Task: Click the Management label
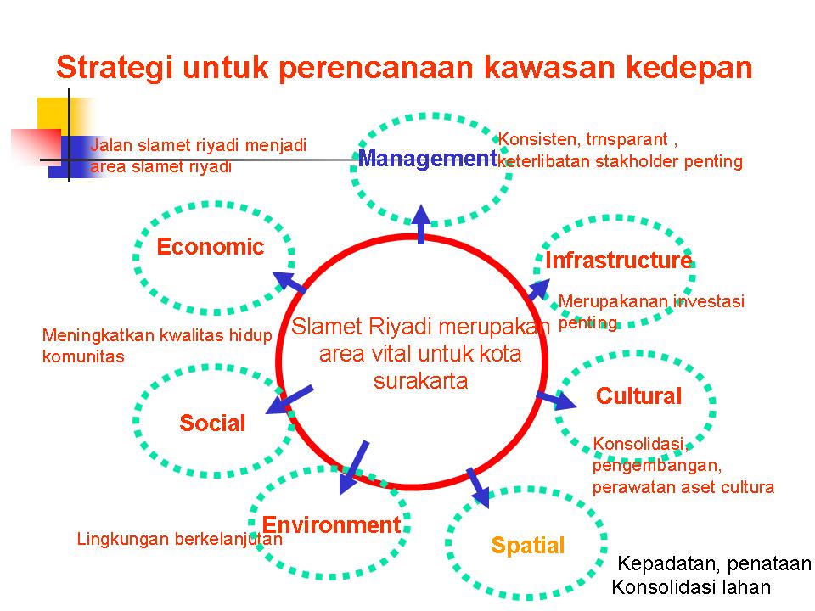pos(428,159)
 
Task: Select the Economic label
pos(211,247)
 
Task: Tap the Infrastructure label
pos(619,260)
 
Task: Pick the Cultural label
pos(638,396)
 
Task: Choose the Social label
pos(212,423)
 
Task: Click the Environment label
pos(331,524)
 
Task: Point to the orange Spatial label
pos(527,546)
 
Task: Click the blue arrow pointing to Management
pos(421,224)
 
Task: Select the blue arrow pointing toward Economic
pos(289,282)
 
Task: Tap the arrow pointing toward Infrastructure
pos(539,289)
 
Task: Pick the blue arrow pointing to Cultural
pos(556,400)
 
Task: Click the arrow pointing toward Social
pos(289,400)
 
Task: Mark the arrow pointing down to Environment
pos(353,468)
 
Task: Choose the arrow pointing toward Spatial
pos(478,488)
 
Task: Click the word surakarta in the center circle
pos(420,381)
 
